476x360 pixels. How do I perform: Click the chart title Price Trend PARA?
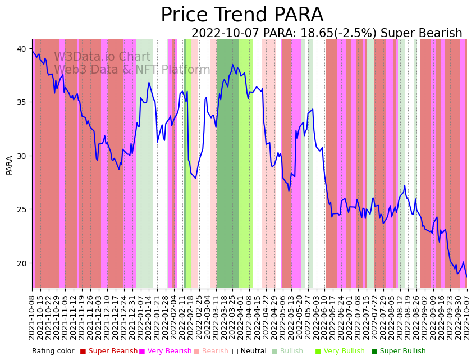click(x=242, y=15)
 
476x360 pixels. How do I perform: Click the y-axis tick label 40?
click(x=21, y=49)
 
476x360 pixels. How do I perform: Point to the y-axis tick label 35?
click(x=21, y=102)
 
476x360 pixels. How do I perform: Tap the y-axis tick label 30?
click(x=21, y=156)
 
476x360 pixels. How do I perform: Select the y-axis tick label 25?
click(x=21, y=209)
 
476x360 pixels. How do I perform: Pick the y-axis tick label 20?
click(x=21, y=263)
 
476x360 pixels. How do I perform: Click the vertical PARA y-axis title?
click(x=10, y=165)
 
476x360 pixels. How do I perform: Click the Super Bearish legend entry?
click(x=113, y=351)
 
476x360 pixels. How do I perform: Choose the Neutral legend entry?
click(x=253, y=351)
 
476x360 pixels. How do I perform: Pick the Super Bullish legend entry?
click(x=402, y=351)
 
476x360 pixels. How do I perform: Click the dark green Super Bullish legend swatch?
click(x=374, y=351)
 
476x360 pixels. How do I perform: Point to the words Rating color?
click(x=53, y=351)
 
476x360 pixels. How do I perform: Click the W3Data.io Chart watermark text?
click(x=102, y=57)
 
